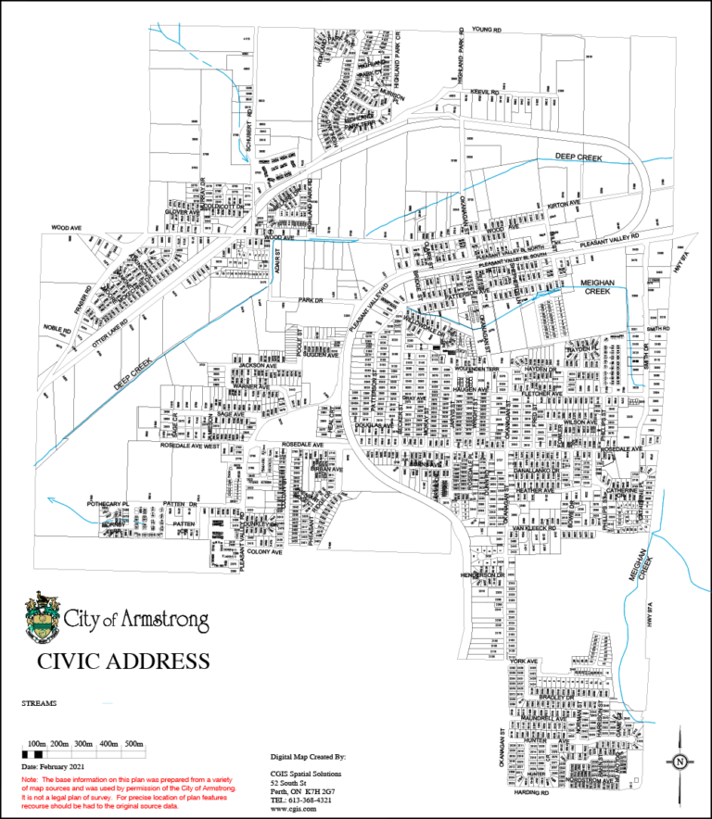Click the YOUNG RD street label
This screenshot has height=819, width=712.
point(486,30)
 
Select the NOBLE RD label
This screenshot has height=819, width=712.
point(56,329)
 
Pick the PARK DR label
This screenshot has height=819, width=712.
point(309,301)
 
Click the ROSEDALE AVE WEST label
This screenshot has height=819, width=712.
point(190,446)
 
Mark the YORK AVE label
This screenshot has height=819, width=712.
point(523,661)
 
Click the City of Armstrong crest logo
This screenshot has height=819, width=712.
point(41,618)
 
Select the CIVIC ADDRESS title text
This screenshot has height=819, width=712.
point(122,661)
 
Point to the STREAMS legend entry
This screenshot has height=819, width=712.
point(39,703)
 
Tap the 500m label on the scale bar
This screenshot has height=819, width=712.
point(133,744)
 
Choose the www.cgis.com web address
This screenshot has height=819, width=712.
point(287,808)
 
